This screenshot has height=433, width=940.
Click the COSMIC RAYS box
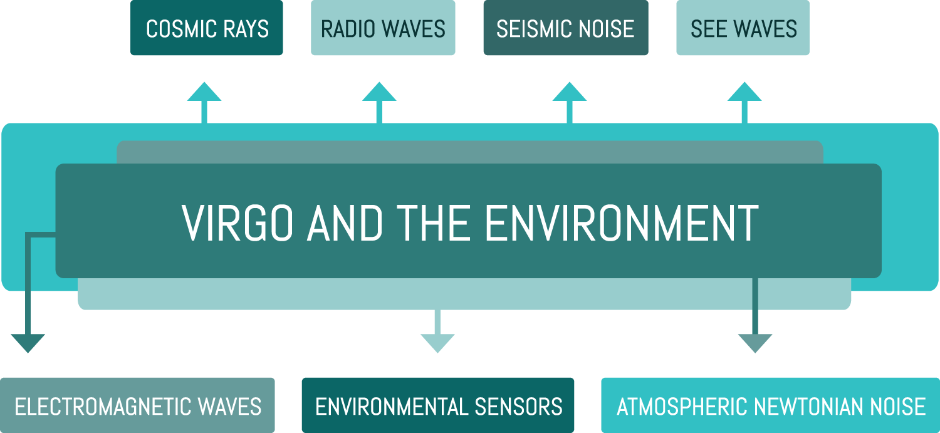[207, 29]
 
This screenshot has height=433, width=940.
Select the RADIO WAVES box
[383, 29]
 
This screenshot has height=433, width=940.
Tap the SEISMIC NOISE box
[565, 29]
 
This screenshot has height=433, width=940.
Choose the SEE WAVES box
[743, 29]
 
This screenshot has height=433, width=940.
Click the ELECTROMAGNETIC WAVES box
[137, 406]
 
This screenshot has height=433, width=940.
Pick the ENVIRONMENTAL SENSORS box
[438, 406]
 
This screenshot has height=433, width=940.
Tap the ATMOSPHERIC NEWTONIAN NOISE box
[770, 406]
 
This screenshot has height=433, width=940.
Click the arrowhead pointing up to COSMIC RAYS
[204, 92]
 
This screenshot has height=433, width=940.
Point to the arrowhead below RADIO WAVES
[379, 92]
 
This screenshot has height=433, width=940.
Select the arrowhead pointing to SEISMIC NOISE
[569, 92]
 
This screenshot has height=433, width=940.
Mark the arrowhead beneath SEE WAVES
[744, 92]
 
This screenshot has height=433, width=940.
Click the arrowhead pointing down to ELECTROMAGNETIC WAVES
[28, 343]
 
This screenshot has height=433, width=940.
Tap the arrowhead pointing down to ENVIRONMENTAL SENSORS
[437, 343]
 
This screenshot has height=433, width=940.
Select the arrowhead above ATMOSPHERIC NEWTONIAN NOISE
[755, 343]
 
